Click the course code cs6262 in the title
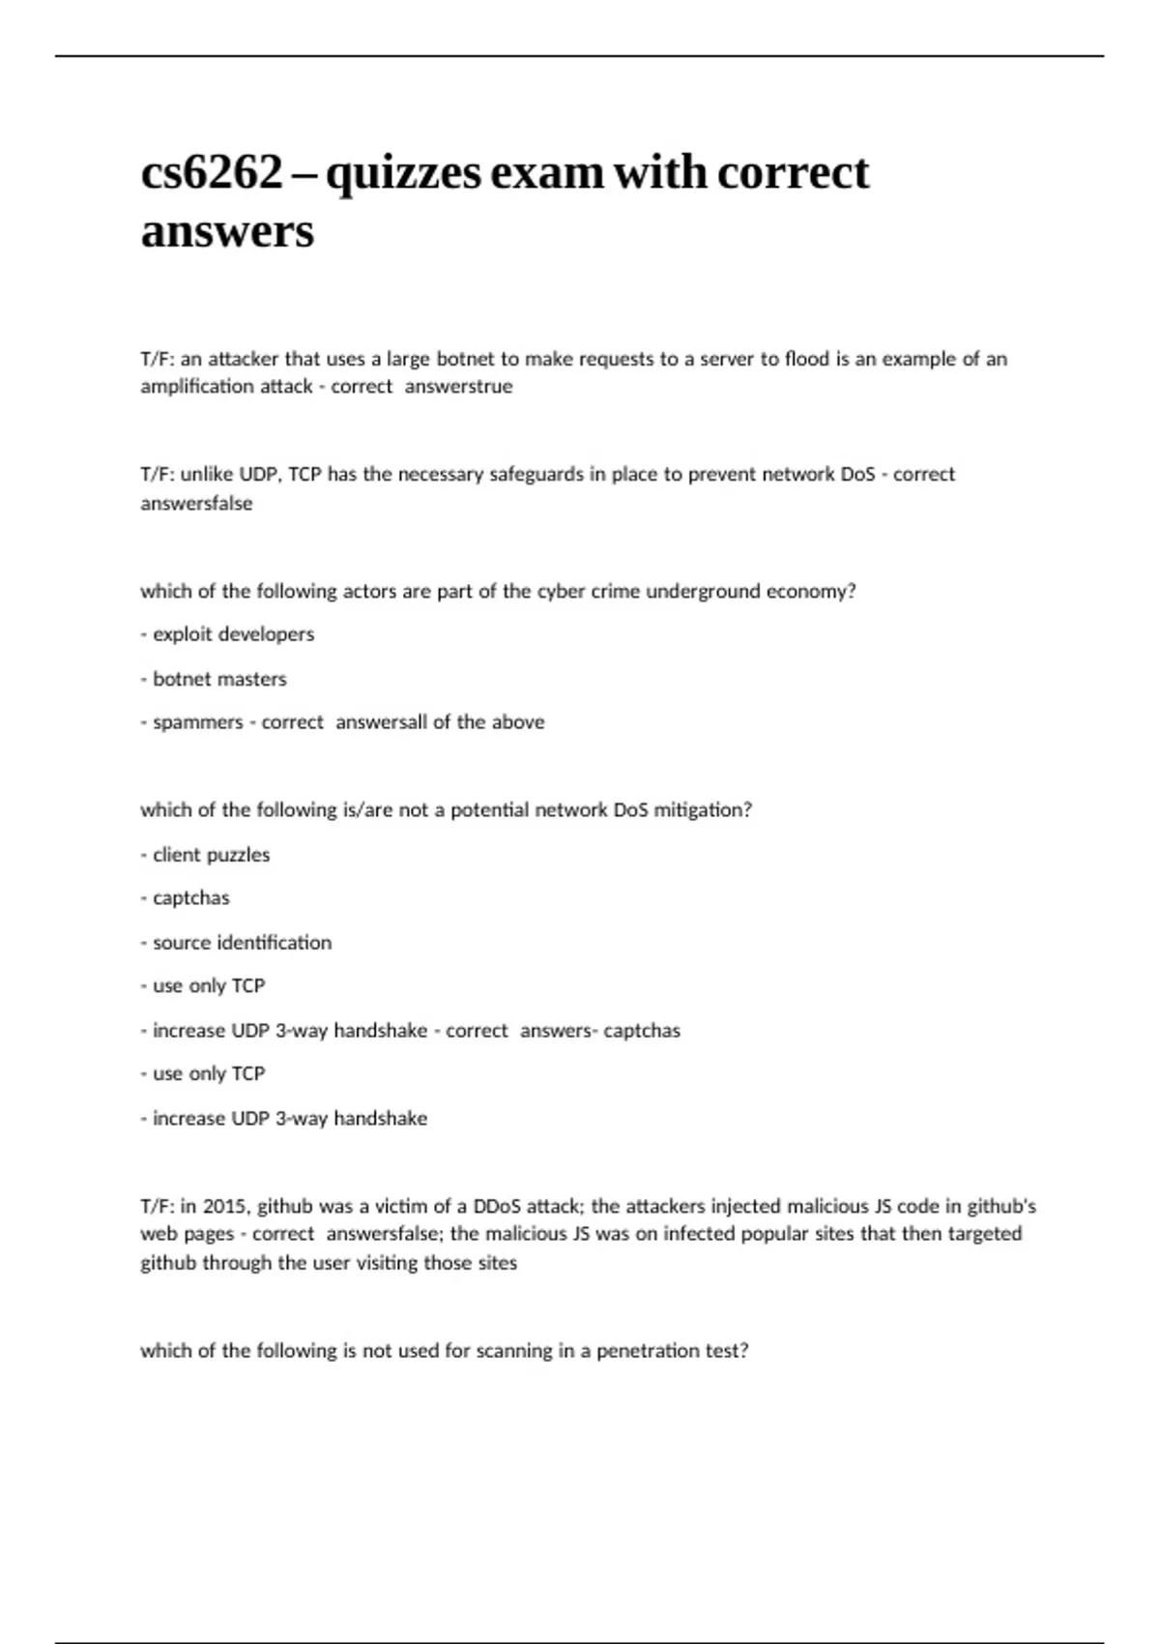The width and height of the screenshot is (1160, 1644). click(x=212, y=173)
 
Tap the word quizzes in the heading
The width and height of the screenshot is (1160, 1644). click(x=402, y=173)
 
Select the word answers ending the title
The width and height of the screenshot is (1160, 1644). click(x=227, y=231)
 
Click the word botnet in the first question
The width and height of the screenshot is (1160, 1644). click(x=465, y=359)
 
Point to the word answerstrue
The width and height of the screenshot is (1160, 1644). click(x=458, y=387)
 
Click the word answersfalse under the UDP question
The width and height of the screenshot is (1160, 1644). click(x=196, y=504)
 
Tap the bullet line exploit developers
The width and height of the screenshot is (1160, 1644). click(x=228, y=634)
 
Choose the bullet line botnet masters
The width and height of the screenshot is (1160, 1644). click(x=215, y=679)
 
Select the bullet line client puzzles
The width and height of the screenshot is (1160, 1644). click(x=206, y=855)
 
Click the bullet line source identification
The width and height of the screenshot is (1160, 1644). click(x=237, y=943)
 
